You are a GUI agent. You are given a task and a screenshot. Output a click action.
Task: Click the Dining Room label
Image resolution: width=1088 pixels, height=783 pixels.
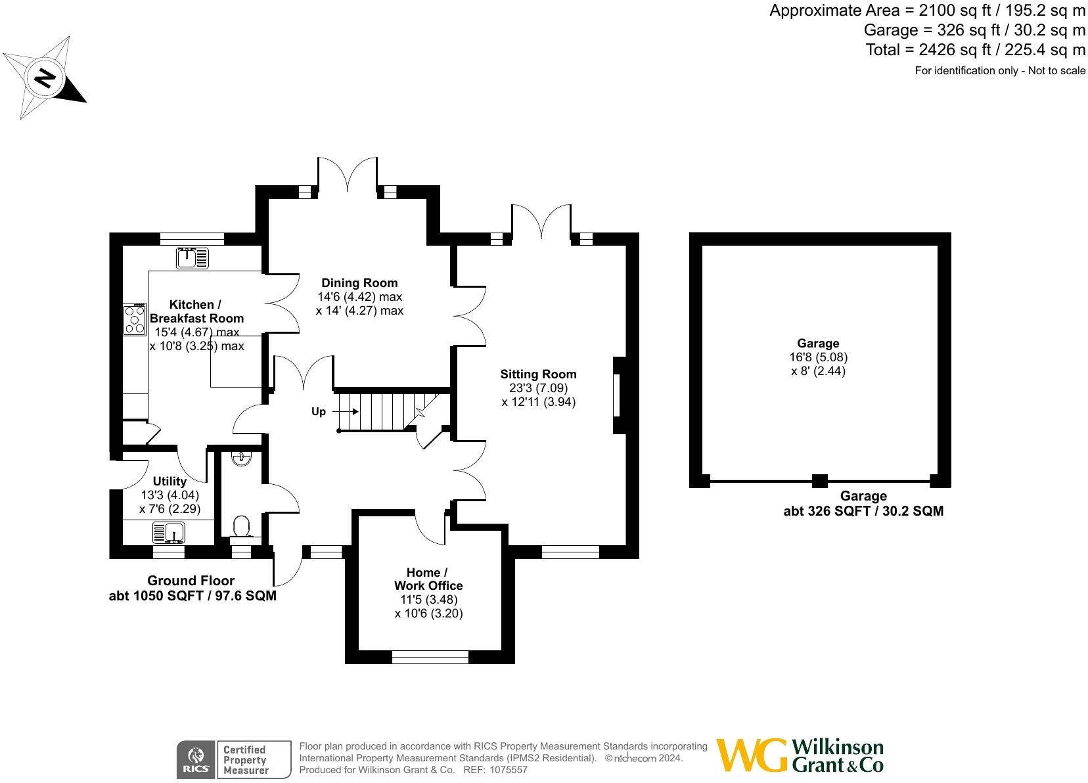click(359, 283)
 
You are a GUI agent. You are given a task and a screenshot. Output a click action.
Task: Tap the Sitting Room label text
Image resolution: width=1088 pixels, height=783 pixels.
click(538, 374)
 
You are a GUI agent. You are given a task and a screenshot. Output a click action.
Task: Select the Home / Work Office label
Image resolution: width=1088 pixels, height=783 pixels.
click(428, 579)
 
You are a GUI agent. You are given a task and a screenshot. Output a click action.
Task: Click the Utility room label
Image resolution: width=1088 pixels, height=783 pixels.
click(170, 481)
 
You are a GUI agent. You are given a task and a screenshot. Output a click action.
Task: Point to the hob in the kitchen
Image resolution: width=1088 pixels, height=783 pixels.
click(135, 320)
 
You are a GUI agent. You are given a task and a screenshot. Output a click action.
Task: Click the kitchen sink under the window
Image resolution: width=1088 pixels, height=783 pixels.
click(192, 257)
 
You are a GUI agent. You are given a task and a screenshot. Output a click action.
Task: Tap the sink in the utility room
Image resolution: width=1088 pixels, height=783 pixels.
click(169, 531)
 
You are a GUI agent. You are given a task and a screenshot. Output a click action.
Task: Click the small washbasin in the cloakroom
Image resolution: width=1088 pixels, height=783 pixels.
click(241, 458)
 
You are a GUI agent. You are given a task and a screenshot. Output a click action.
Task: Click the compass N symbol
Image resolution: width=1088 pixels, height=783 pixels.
click(45, 78)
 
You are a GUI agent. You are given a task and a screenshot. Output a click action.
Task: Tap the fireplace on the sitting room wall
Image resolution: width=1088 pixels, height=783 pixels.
click(618, 395)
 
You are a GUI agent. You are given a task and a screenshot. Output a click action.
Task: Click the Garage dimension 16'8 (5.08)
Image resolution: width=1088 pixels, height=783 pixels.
click(818, 357)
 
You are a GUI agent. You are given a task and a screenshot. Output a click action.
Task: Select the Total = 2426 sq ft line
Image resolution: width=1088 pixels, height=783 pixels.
click(975, 49)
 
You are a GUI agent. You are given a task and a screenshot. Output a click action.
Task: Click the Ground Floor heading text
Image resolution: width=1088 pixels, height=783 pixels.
click(191, 581)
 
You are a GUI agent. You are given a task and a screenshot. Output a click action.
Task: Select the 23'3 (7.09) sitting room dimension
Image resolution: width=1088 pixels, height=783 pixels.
click(538, 388)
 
